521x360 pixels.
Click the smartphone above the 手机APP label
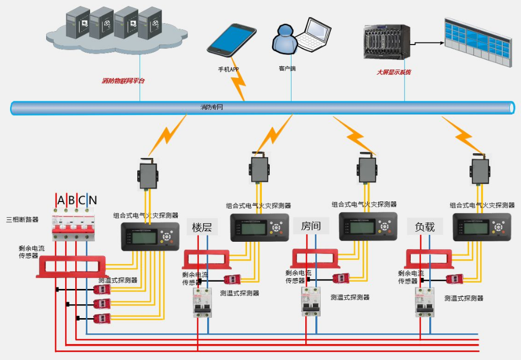[232, 39]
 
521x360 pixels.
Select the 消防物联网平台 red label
[123, 81]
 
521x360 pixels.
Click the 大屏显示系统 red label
[393, 72]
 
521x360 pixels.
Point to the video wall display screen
[477, 42]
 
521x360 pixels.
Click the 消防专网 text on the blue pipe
[211, 107]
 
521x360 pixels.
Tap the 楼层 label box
[202, 227]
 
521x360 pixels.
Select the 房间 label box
[311, 226]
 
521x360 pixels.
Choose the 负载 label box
[425, 226]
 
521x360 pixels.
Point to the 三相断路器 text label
[22, 219]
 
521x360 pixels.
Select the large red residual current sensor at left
[70, 266]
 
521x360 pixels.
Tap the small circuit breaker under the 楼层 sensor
[202, 303]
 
